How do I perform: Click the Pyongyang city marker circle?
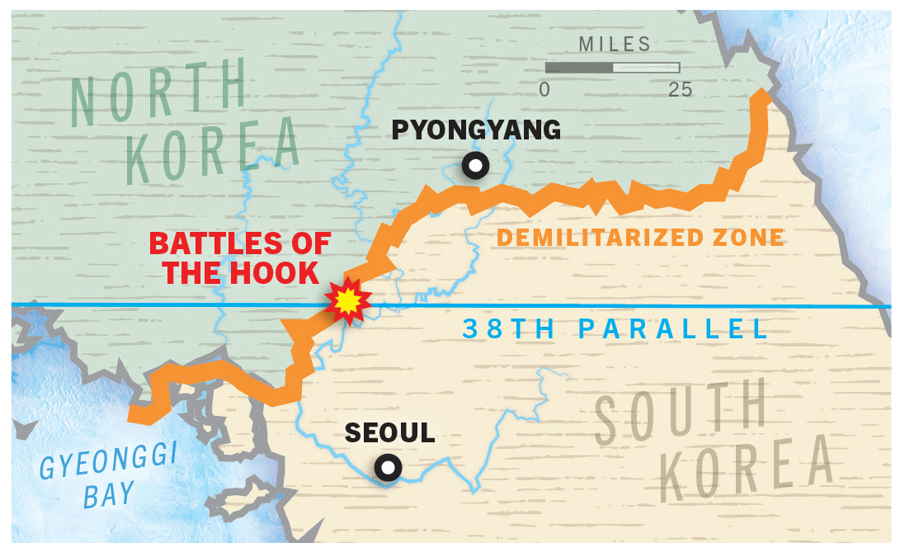coord(475,166)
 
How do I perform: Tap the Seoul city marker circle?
coord(387,468)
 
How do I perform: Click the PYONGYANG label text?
coord(476,130)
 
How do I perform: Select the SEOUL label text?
coord(389,432)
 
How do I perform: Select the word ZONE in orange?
coord(750,238)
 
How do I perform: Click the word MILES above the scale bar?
coord(615,45)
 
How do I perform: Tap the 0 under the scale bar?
coord(544,90)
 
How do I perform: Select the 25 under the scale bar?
coord(681,90)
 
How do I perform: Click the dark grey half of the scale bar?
coord(579,68)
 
